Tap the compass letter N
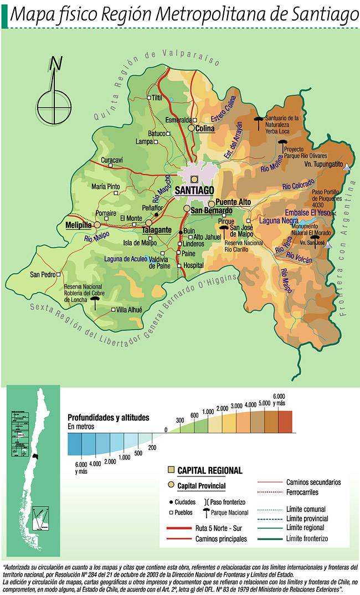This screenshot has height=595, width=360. coord(55,64)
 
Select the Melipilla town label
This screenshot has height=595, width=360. coord(78,225)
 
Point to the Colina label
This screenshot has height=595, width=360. coord(204,129)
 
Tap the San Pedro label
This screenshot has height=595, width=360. coord(43,274)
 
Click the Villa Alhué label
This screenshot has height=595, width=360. coord(130,310)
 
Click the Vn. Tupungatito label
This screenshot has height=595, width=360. coord(323,164)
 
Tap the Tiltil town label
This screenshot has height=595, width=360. coord(157,98)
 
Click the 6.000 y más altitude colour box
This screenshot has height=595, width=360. coord(284,422)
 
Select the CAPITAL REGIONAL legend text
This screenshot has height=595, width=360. coord(209,470)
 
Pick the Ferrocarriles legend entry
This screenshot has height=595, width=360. coord(306,492)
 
